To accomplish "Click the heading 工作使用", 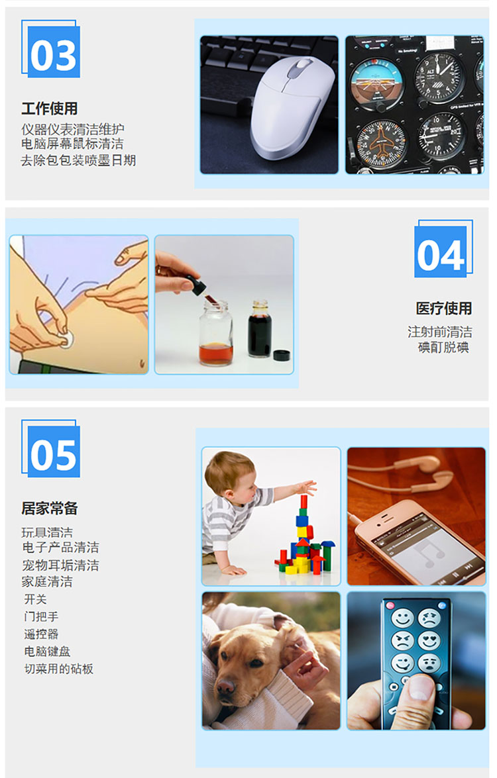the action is [x=50, y=108].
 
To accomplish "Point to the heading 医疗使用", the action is [x=444, y=308].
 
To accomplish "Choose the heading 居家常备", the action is [x=50, y=508].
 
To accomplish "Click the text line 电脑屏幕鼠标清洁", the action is [x=72, y=144].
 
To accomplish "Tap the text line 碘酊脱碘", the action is [x=443, y=347].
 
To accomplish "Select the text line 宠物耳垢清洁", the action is [x=60, y=565].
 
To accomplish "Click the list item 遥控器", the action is [x=41, y=634].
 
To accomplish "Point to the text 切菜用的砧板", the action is [x=58, y=669].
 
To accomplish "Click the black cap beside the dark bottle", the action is [x=282, y=355].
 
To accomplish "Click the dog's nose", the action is [x=226, y=687].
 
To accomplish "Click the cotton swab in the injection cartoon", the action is [x=66, y=340].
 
